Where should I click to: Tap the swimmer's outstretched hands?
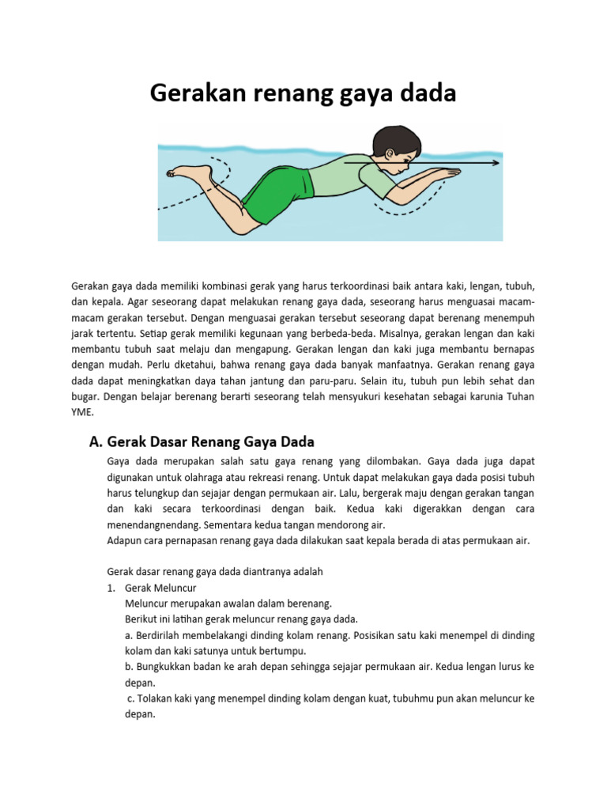pos(439,174)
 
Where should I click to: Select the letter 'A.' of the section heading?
pos(96,441)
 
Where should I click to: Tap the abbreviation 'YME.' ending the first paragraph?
pos(82,413)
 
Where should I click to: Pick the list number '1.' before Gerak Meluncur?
pos(111,589)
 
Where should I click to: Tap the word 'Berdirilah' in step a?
pos(162,635)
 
